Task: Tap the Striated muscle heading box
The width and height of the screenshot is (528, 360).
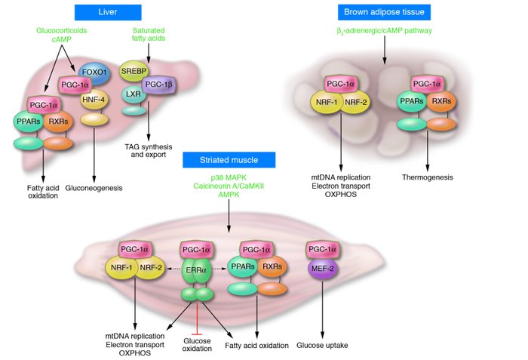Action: (229, 159)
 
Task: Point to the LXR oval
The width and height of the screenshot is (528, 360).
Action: (134, 94)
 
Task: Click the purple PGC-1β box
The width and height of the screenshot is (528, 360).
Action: (158, 85)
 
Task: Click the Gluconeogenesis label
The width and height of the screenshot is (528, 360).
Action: (94, 187)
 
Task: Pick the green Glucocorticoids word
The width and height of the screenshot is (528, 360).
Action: (63, 30)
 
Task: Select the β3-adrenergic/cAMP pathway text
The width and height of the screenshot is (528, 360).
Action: (382, 31)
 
